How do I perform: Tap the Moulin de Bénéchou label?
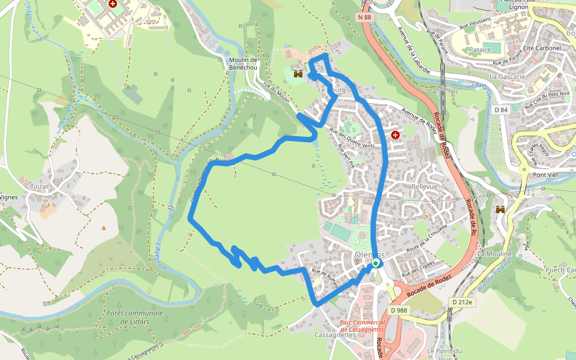click(x=243, y=64)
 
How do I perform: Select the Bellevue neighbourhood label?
click(x=425, y=187)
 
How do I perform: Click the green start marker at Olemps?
click(x=376, y=263)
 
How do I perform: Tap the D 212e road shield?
click(x=463, y=302)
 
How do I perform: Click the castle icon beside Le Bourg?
click(x=298, y=74)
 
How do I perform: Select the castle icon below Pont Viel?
click(x=500, y=209)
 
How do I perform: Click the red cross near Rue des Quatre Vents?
click(x=395, y=136)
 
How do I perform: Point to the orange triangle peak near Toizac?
click(x=104, y=227)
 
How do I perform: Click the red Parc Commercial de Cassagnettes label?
click(x=361, y=326)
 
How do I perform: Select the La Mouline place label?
click(x=494, y=254)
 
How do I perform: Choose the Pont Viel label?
click(x=547, y=175)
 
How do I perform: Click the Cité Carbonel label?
click(x=541, y=48)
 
